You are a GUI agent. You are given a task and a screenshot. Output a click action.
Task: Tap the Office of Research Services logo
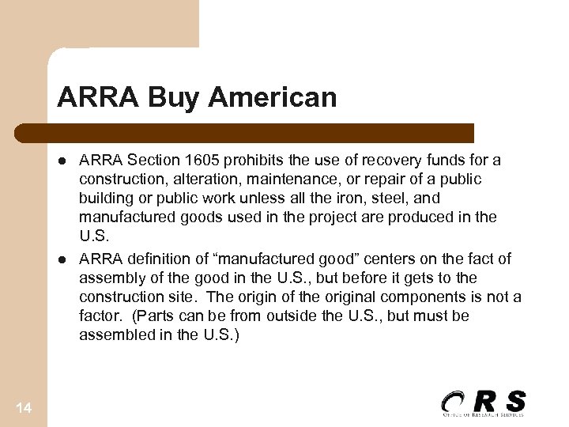[483, 403]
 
